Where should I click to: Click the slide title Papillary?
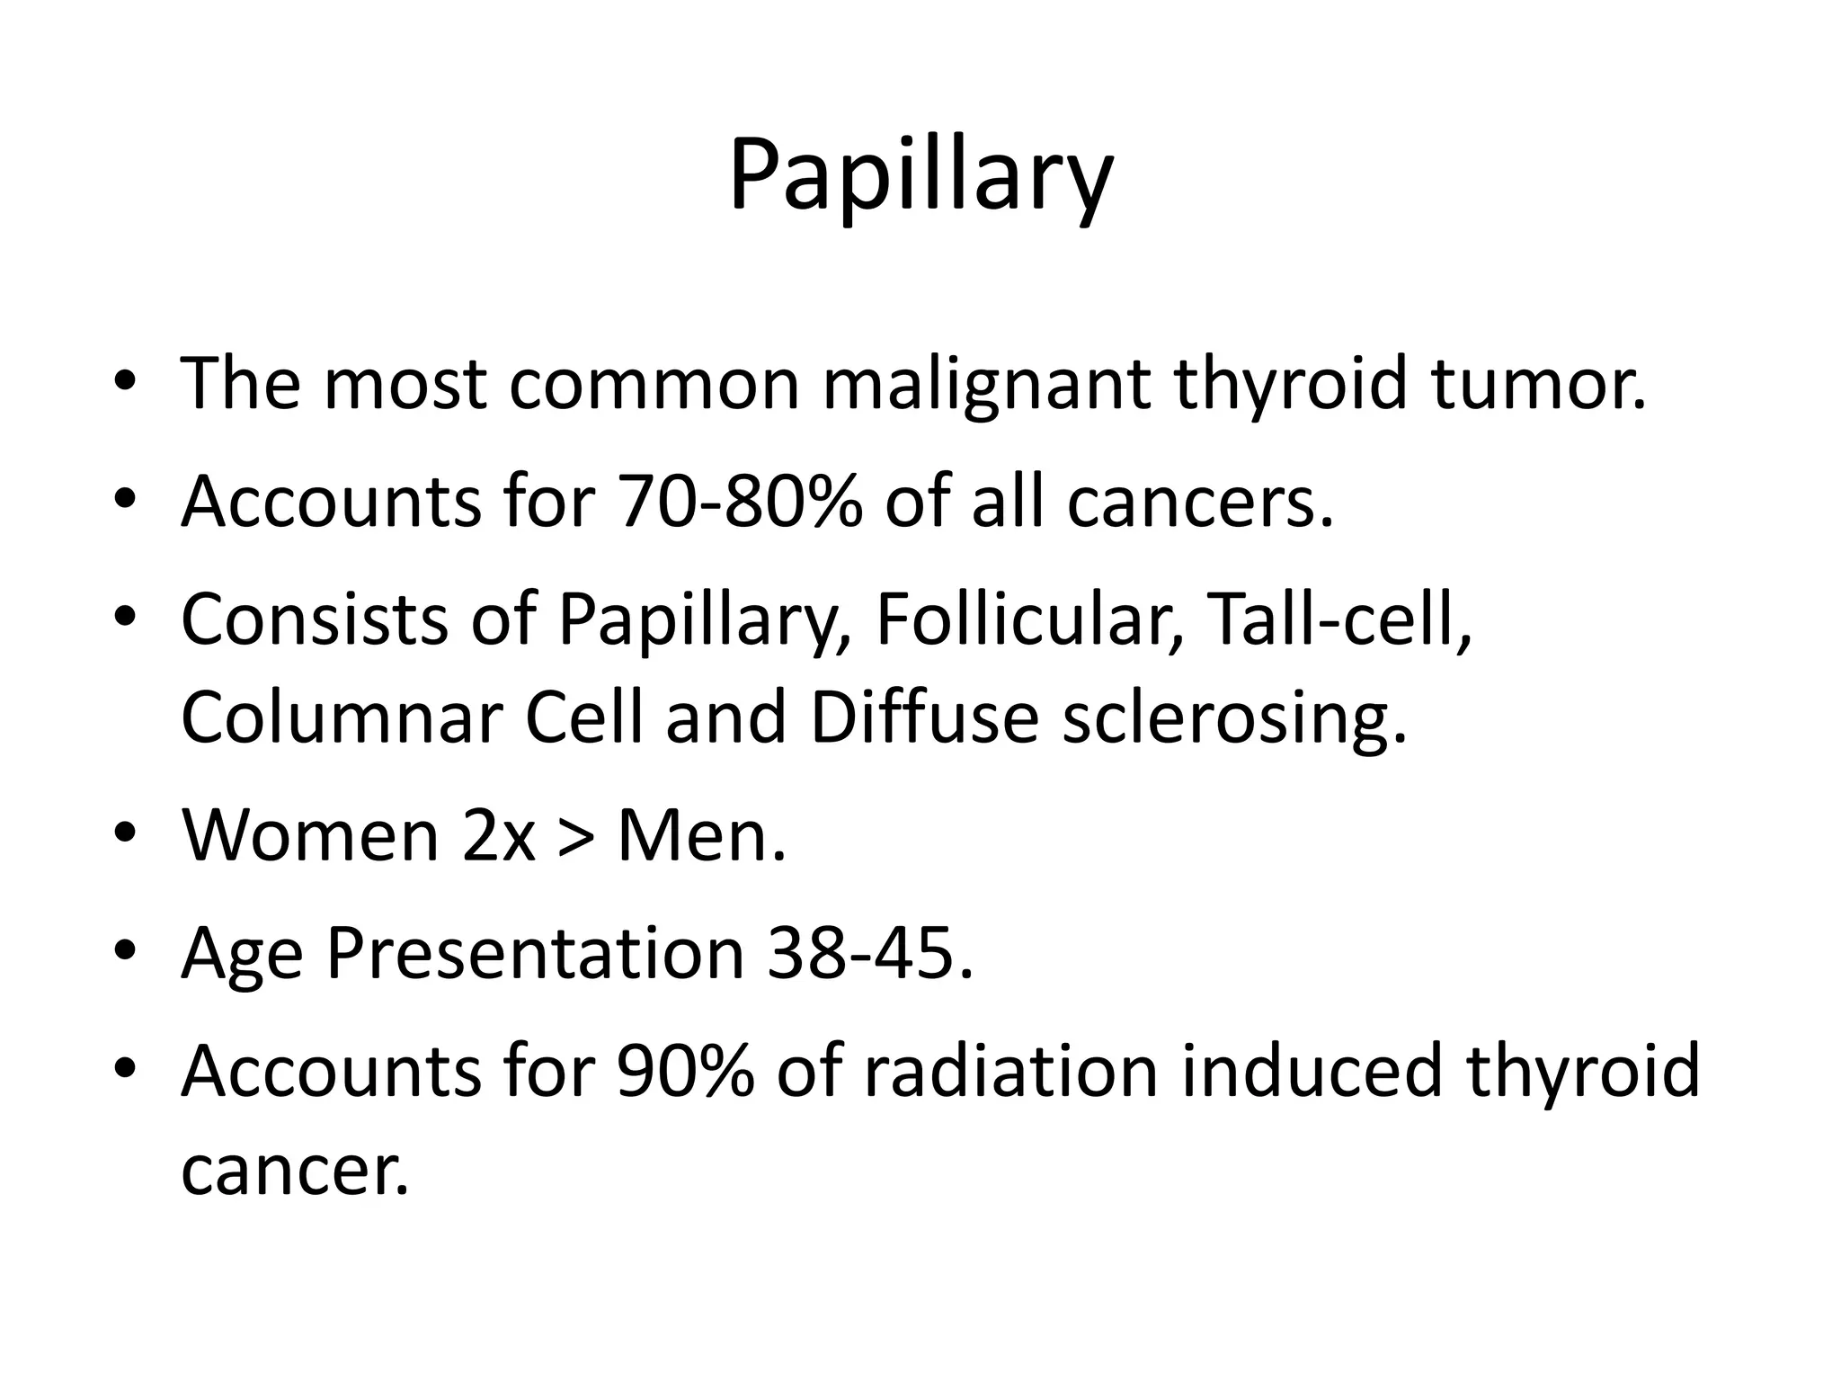pyautogui.click(x=920, y=175)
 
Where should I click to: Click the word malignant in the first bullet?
pyautogui.click(x=985, y=385)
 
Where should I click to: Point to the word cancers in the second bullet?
pyautogui.click(x=1200, y=502)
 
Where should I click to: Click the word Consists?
pyautogui.click(x=314, y=619)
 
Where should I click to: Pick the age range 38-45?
pyautogui.click(x=869, y=954)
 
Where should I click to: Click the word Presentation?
pyautogui.click(x=535, y=954)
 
